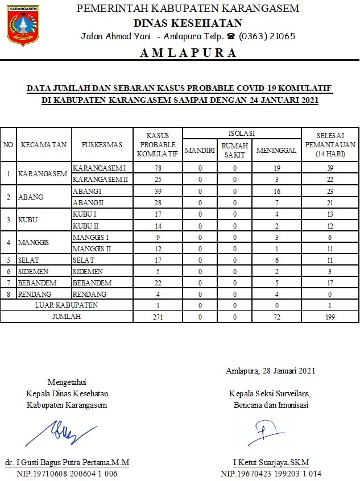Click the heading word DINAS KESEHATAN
pos(188,23)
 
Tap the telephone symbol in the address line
pos(231,36)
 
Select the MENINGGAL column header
pos(276,150)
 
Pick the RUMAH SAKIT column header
pos(234,150)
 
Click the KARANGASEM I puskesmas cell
pos(100,168)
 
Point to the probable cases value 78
pos(159,168)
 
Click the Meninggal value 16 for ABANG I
pos(276,192)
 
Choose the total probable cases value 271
pos(159,317)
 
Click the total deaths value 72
pos(276,317)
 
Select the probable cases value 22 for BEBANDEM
pos(159,283)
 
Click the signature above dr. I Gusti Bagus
pos(67,432)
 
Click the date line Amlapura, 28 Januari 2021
pos(270,371)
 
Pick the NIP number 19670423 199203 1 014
pos(271,473)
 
